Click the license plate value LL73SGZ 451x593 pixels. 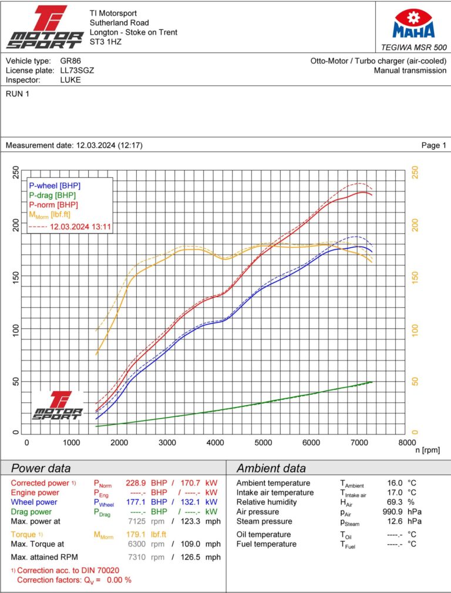(77, 70)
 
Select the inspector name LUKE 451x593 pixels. (70, 80)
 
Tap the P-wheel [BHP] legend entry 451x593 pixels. (55, 186)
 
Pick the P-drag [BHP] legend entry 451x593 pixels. (52, 195)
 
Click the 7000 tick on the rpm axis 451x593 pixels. (358, 443)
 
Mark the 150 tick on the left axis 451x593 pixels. (16, 277)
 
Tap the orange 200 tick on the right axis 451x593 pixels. (415, 225)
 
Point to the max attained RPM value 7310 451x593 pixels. (137, 557)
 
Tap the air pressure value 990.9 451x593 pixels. (395, 512)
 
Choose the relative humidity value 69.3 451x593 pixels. (397, 503)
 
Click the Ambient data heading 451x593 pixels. (271, 469)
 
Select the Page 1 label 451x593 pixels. (433, 146)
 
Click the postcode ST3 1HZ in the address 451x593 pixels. (105, 42)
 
